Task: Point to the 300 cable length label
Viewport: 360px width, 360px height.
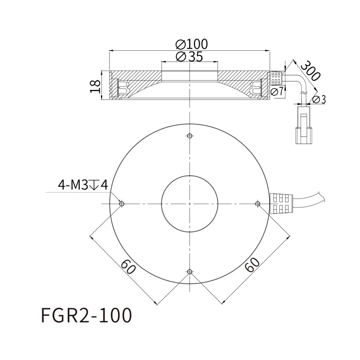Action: pyautogui.click(x=310, y=71)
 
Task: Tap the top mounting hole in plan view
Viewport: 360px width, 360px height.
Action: pyautogui.click(x=190, y=136)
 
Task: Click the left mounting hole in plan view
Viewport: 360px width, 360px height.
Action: pyautogui.click(x=121, y=204)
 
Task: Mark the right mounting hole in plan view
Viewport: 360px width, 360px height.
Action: pyautogui.click(x=258, y=204)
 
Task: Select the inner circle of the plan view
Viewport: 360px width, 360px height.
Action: pyautogui.click(x=190, y=204)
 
